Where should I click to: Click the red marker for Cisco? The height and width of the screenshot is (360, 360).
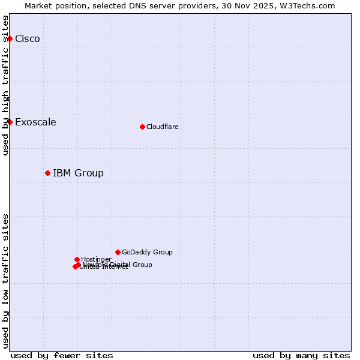pyautogui.click(x=10, y=38)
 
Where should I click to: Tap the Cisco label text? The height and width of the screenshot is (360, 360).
pyautogui.click(x=28, y=39)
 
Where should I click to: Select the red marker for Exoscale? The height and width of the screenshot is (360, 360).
pyautogui.click(x=10, y=122)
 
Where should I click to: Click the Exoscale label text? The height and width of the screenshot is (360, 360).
pyautogui.click(x=35, y=122)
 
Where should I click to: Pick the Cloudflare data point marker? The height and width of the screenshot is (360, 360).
pyautogui.click(x=142, y=127)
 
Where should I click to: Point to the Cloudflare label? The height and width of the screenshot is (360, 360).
pyautogui.click(x=162, y=127)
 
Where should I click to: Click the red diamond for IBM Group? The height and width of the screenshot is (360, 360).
pyautogui.click(x=47, y=173)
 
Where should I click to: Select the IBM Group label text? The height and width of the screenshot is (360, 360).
pyautogui.click(x=78, y=173)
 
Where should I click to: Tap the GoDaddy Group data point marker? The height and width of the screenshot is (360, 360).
pyautogui.click(x=118, y=252)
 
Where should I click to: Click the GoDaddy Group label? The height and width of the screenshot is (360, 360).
pyautogui.click(x=147, y=252)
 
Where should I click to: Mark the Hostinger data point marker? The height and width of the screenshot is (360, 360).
pyautogui.click(x=77, y=259)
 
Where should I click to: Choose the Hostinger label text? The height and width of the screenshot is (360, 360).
pyautogui.click(x=96, y=259)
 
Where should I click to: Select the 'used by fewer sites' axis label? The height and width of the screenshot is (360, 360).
pyautogui.click(x=62, y=355)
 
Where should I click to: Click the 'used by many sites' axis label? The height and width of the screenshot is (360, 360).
pyautogui.click(x=301, y=355)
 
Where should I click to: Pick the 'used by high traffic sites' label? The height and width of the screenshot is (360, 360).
pyautogui.click(x=5, y=85)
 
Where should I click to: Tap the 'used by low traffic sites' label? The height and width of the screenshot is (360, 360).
pyautogui.click(x=5, y=280)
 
